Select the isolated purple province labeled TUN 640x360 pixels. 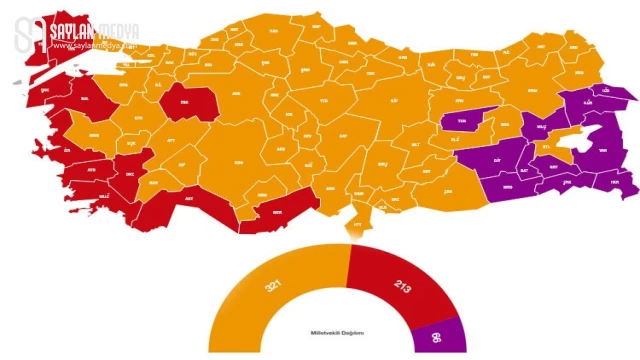[x=462, y=119]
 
